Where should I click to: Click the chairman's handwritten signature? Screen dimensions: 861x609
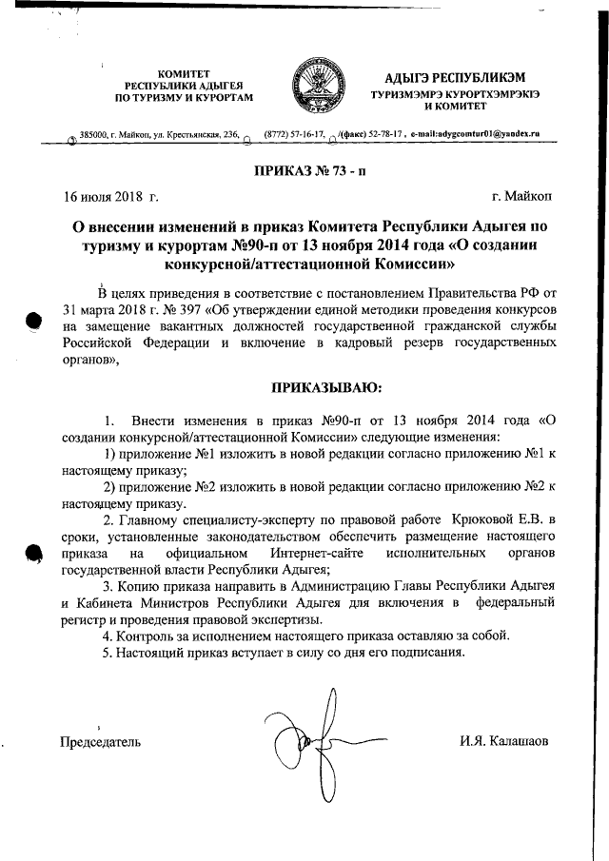coord(304,739)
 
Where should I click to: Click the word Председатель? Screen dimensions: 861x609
coord(101,741)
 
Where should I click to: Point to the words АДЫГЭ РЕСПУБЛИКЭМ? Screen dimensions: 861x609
coord(442,76)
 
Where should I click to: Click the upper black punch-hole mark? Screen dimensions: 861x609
coord(32,321)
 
